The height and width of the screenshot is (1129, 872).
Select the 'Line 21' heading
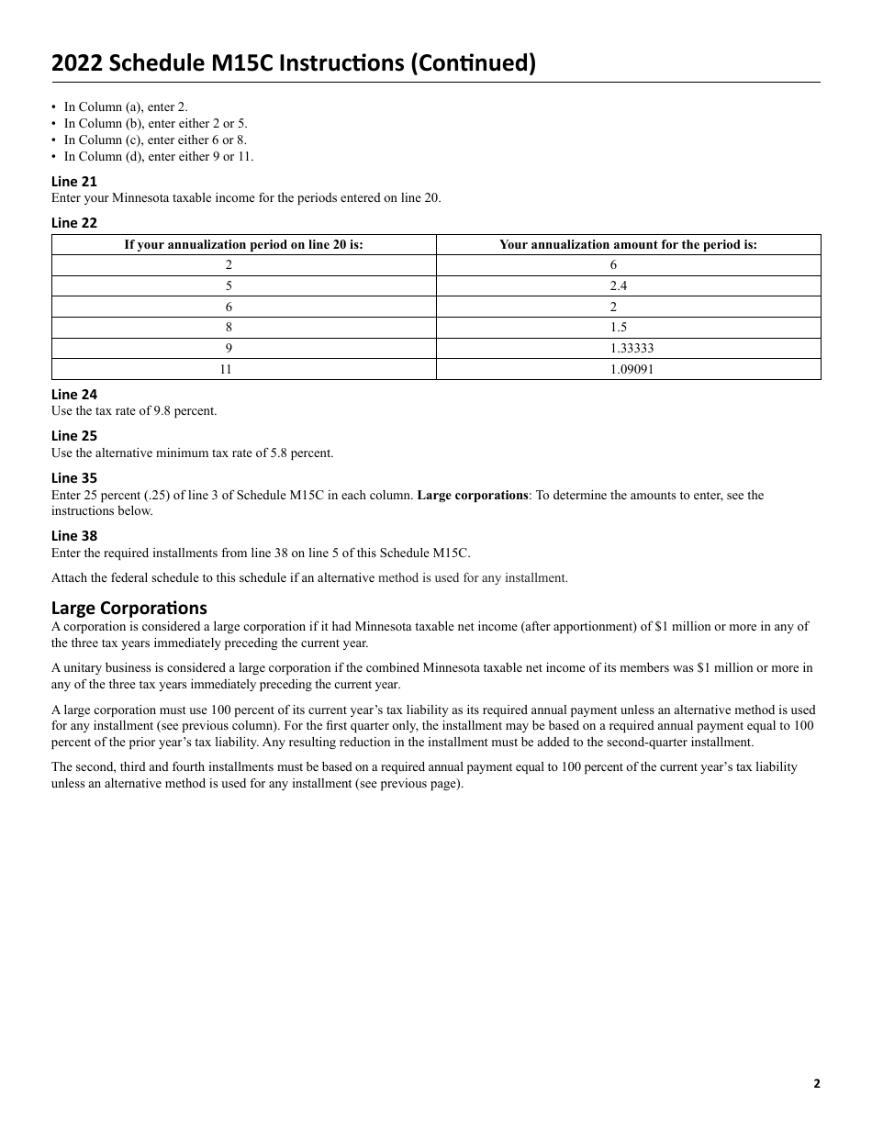[x=74, y=182]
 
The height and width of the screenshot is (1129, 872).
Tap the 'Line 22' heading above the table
[x=74, y=223]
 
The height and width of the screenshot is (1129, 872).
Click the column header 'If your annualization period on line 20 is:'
[x=244, y=244]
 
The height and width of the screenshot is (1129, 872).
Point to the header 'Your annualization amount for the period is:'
[x=628, y=244]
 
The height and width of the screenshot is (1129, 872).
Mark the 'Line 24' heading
[x=74, y=395]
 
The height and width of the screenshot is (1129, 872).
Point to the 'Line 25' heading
[x=74, y=436]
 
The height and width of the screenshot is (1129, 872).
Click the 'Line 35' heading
[x=74, y=478]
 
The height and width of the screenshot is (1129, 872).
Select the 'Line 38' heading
[x=74, y=536]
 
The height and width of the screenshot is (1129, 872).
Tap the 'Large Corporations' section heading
[x=129, y=608]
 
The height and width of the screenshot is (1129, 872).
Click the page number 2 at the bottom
[x=816, y=1083]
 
